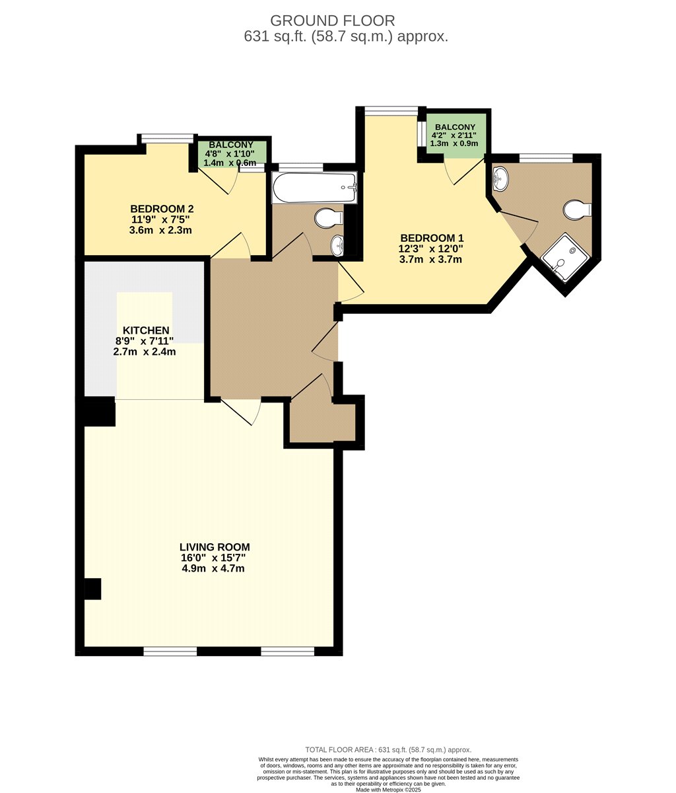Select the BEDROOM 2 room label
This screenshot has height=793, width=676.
click(162, 209)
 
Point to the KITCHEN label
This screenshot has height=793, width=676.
click(145, 330)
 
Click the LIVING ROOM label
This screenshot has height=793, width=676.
click(215, 547)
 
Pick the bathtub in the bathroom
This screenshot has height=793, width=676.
click(314, 188)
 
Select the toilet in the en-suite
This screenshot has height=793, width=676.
click(577, 210)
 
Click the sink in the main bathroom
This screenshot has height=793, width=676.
click(339, 245)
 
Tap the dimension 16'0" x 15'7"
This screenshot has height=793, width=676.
click(213, 558)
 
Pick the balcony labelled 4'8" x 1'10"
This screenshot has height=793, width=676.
click(231, 153)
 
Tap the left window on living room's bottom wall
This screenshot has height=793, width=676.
click(170, 652)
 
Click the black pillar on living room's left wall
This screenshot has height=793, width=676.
click(92, 589)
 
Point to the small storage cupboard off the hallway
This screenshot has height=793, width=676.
click(320, 423)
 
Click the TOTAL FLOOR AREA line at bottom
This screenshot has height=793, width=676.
click(388, 749)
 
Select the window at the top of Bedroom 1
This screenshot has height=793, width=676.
click(391, 110)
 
